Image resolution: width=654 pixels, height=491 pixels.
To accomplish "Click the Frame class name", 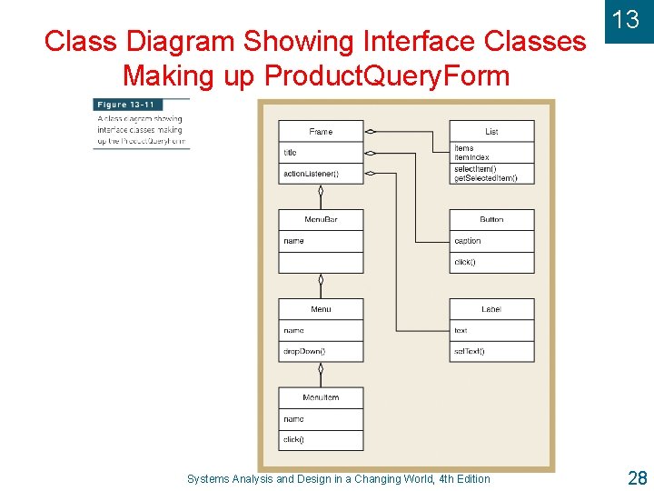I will pyautogui.click(x=321, y=132).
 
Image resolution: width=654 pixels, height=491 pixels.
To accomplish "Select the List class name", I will pyautogui.click(x=491, y=132).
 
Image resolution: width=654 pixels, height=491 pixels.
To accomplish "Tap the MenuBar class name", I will pyautogui.click(x=321, y=220).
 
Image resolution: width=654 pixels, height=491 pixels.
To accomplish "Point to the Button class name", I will pyautogui.click(x=491, y=220).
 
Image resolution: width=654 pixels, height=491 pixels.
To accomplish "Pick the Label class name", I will pyautogui.click(x=491, y=309).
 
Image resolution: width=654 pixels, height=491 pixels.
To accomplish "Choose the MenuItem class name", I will pyautogui.click(x=321, y=397).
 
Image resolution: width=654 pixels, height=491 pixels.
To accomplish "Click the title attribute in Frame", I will pyautogui.click(x=290, y=153).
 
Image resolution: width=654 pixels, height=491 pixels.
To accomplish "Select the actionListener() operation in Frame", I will pyautogui.click(x=311, y=174).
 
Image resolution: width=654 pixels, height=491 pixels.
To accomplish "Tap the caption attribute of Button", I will pyautogui.click(x=468, y=241).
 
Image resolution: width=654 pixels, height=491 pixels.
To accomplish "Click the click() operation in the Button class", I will pyautogui.click(x=464, y=262).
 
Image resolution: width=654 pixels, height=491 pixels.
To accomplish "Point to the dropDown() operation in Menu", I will pyautogui.click(x=304, y=351).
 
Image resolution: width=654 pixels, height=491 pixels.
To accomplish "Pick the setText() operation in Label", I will pyautogui.click(x=470, y=351).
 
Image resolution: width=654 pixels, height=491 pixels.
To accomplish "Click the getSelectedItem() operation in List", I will pyautogui.click(x=486, y=178).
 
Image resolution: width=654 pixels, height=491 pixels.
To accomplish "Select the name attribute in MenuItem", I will pyautogui.click(x=293, y=419).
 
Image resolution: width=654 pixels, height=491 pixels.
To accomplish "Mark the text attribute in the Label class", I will pyautogui.click(x=461, y=330).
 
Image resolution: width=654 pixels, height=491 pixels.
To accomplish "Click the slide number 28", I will pyautogui.click(x=636, y=476).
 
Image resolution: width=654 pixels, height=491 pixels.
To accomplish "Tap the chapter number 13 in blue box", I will pyautogui.click(x=626, y=20).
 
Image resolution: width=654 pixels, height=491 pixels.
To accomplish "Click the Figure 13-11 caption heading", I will pyautogui.click(x=125, y=105).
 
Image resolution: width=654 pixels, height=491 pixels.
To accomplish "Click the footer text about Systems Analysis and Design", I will pyautogui.click(x=338, y=479).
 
